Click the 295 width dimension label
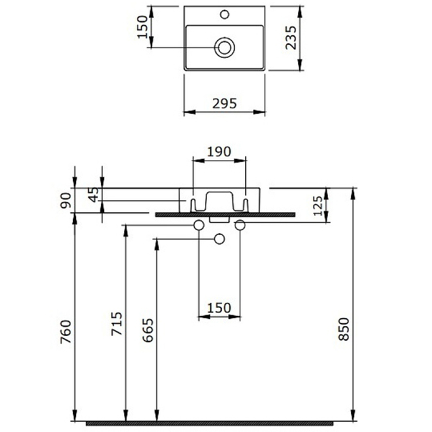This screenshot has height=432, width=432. pyautogui.click(x=225, y=104)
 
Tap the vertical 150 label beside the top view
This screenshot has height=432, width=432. pyautogui.click(x=143, y=26)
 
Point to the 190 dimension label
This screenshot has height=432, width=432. pyautogui.click(x=220, y=151)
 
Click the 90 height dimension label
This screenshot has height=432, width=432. pyautogui.click(x=66, y=200)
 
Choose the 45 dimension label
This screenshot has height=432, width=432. pyautogui.click(x=94, y=194)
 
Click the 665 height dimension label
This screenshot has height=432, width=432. pyautogui.click(x=148, y=332)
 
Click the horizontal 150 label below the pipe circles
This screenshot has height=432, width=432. pyautogui.click(x=219, y=308)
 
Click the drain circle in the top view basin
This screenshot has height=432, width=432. pyautogui.click(x=224, y=48)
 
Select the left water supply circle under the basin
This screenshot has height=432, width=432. pyautogui.click(x=199, y=225)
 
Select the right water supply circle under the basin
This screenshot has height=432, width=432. pyautogui.click(x=240, y=225)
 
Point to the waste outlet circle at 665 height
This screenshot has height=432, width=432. pyautogui.click(x=219, y=239)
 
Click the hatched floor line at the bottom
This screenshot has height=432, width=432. pyautogui.click(x=216, y=423)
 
